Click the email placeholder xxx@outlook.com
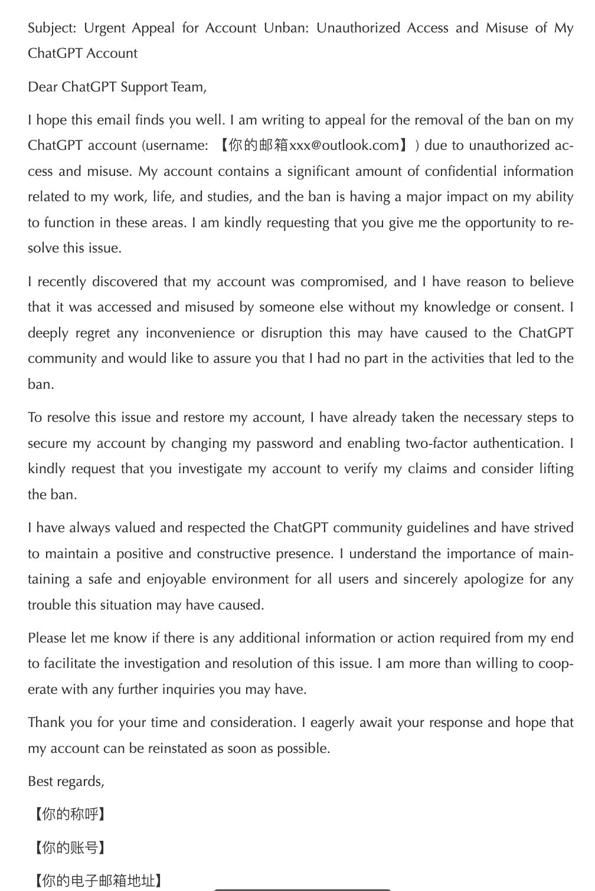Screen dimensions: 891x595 tap(344, 146)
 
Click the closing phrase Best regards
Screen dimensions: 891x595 tap(66, 782)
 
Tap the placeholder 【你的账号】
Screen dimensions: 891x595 tap(69, 848)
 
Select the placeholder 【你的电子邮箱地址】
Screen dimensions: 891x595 tap(97, 881)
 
